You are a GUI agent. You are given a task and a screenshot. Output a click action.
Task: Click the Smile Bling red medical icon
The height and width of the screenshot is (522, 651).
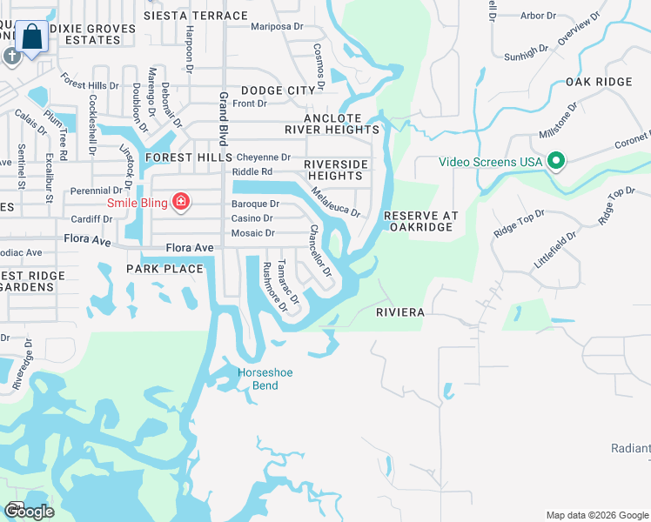click(181, 203)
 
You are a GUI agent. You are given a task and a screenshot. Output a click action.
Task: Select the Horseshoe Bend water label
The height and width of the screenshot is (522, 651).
click(265, 378)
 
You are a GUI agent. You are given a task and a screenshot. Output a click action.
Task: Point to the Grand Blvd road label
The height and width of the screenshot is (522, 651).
click(224, 118)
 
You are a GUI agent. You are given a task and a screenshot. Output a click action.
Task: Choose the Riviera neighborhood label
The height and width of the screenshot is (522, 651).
click(400, 311)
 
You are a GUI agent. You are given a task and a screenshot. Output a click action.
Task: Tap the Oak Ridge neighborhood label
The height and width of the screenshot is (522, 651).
click(598, 82)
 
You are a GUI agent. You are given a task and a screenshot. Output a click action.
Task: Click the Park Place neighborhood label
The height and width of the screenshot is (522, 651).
click(164, 269)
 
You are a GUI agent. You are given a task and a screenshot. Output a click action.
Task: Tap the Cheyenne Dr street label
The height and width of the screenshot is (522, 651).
click(264, 157)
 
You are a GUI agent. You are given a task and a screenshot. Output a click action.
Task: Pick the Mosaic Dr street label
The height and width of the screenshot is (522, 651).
click(252, 233)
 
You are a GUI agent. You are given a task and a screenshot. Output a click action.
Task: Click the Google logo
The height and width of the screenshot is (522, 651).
click(30, 512)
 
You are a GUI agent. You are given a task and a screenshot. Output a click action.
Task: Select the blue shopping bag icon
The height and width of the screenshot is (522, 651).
click(32, 37)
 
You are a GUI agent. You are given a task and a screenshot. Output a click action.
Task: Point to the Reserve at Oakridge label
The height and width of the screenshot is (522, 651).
click(420, 221)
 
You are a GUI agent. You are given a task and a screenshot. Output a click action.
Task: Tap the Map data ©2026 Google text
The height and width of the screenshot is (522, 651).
click(597, 514)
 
